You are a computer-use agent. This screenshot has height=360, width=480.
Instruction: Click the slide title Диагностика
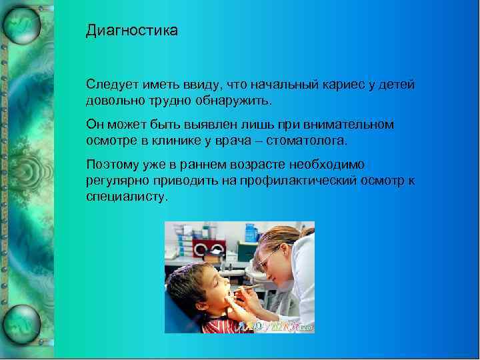pyautogui.click(x=132, y=31)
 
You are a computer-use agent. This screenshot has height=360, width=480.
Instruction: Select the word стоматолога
pyautogui.click(x=312, y=140)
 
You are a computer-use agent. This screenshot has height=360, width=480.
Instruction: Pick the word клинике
pyautogui.click(x=199, y=140)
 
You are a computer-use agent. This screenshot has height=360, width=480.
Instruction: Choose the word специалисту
pyautogui.click(x=127, y=197)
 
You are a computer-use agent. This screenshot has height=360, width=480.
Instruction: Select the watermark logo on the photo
pyautogui.click(x=273, y=326)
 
